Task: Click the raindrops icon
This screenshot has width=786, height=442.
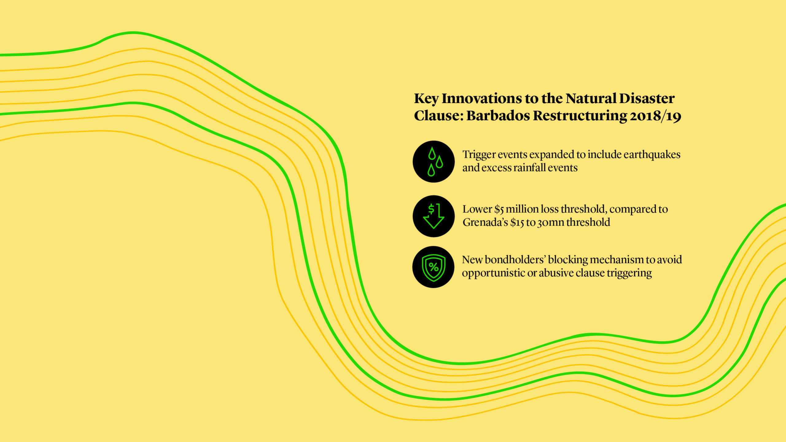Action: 434,161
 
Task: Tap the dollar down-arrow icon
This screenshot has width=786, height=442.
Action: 434,216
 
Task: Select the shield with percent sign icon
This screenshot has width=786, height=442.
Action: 433,267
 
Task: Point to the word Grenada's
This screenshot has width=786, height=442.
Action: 485,222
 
